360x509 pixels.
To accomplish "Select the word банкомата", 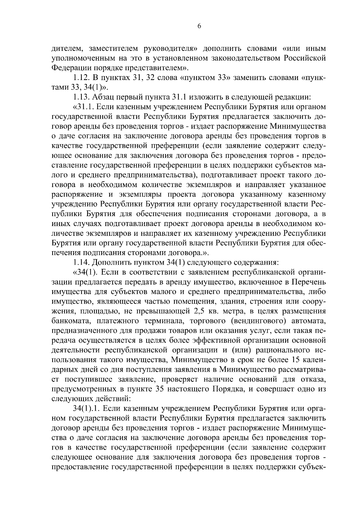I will coord(70,321).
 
